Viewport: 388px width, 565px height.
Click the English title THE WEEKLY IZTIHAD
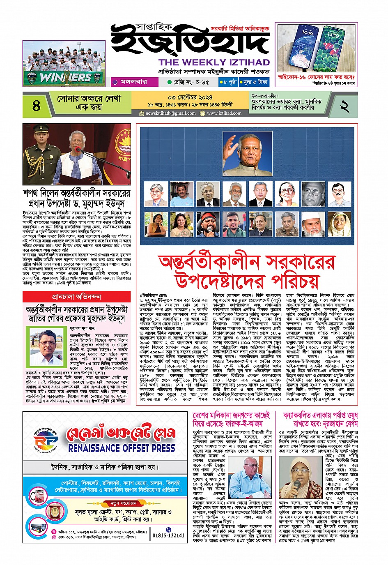(214, 62)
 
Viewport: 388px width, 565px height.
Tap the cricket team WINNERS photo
(64, 64)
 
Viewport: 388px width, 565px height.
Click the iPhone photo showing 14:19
(317, 47)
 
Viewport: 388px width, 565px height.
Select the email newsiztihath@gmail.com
(171, 113)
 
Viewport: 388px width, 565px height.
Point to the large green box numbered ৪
(36, 105)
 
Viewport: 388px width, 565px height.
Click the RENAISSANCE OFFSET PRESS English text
(122, 448)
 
